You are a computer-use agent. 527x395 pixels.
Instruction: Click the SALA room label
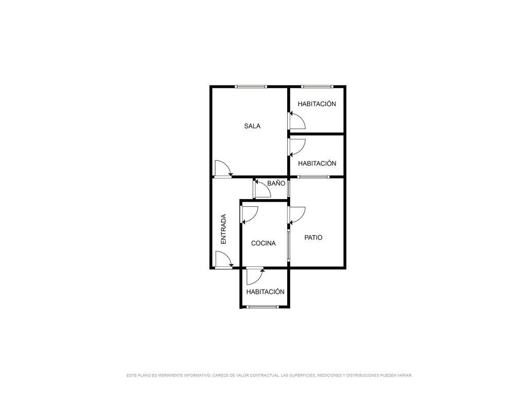click(252, 126)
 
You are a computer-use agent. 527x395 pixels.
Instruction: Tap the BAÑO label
click(276, 183)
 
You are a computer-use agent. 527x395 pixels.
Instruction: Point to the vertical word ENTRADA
click(223, 229)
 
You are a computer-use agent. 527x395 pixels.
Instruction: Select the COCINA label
click(263, 243)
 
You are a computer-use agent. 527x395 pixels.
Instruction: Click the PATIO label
click(313, 238)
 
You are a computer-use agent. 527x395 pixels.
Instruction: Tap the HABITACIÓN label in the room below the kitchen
click(266, 292)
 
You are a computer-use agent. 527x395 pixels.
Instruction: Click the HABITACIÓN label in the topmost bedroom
click(317, 104)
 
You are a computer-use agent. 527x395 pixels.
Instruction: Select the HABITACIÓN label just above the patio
click(317, 163)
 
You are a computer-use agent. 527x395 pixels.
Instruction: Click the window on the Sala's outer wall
click(251, 86)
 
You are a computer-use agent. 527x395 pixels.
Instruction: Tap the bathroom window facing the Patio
click(288, 189)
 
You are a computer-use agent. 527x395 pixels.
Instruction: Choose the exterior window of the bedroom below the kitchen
click(262, 307)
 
